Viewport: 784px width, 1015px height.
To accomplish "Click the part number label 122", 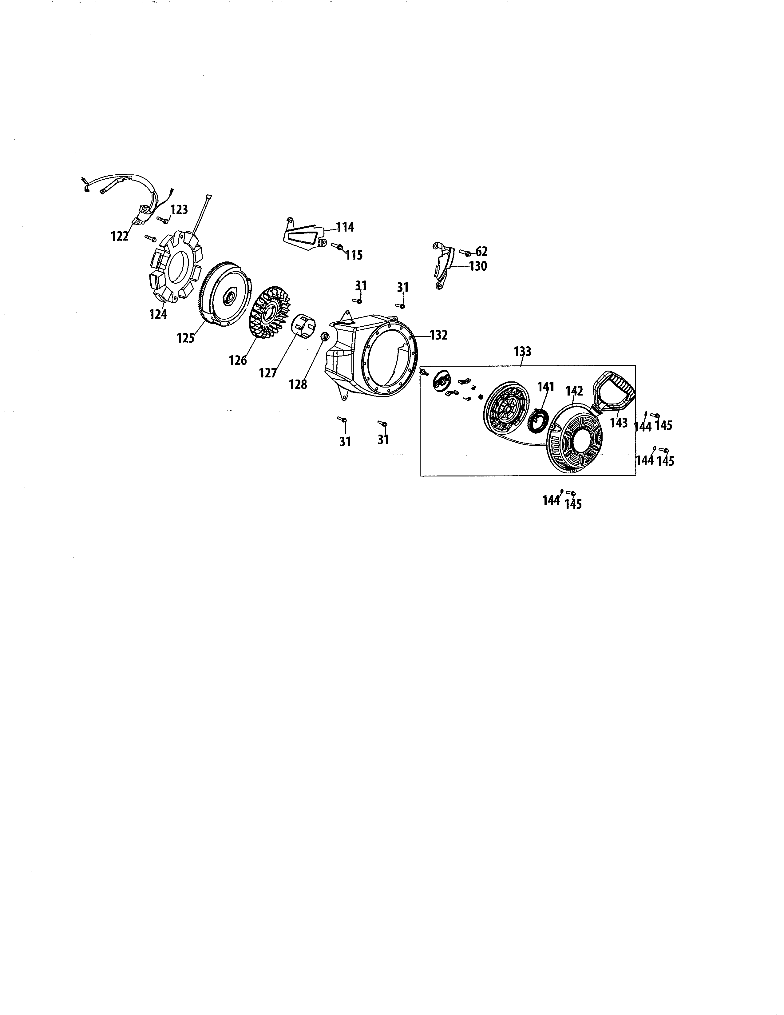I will (119, 236).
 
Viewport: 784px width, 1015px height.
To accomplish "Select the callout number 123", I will (179, 209).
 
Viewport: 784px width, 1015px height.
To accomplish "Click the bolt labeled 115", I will (336, 246).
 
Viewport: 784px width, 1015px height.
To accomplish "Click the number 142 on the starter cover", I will (574, 391).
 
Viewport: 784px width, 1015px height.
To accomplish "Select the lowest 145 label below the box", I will (573, 504).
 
